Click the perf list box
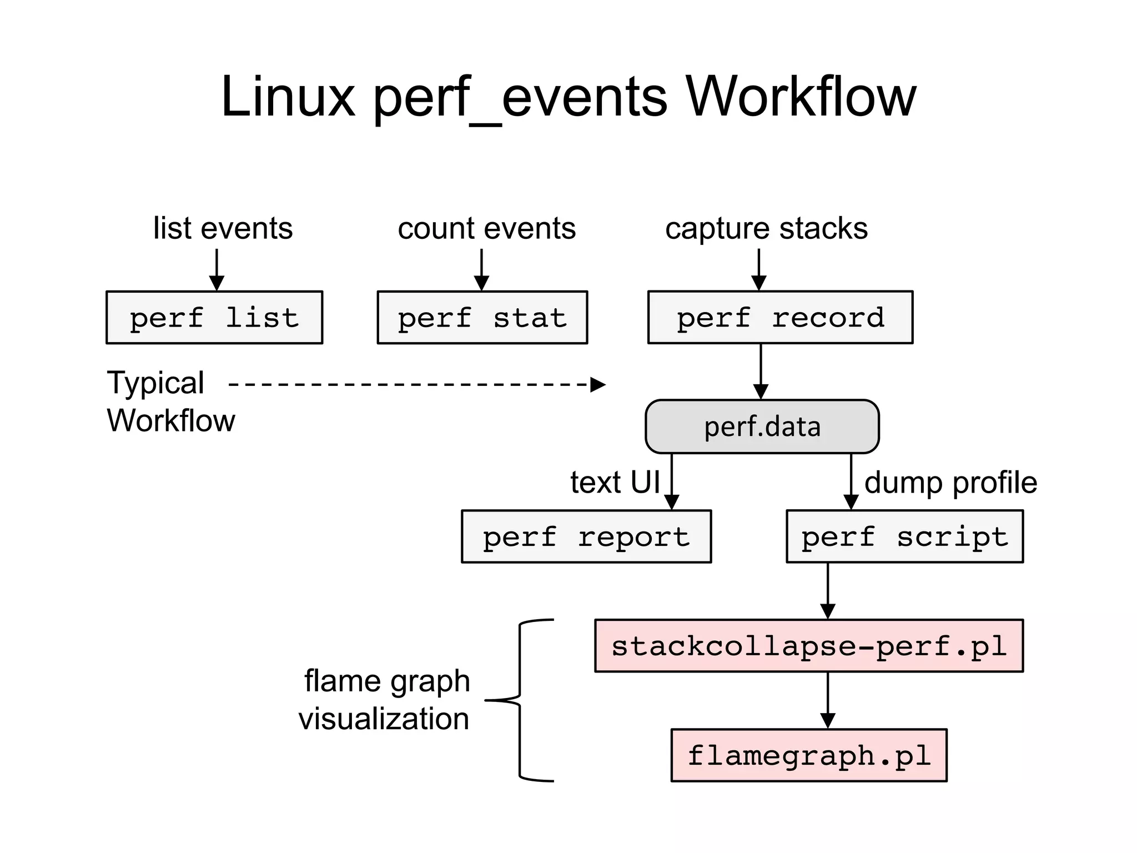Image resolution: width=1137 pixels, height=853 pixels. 214,318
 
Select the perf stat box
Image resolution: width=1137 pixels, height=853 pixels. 482,318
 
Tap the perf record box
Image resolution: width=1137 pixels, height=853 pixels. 780,318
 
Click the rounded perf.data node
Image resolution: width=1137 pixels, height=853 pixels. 762,426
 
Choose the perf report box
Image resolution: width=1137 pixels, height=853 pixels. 586,536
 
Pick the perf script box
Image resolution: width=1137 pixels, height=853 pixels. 904,536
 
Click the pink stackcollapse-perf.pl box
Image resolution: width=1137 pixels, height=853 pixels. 808,646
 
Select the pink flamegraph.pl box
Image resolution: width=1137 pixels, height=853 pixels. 808,755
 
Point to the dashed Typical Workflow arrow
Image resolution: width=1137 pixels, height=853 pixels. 416,384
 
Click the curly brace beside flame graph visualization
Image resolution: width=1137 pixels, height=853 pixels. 520,700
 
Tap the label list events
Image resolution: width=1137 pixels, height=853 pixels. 223,228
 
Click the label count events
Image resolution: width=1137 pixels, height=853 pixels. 486,228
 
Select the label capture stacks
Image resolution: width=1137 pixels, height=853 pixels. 766,228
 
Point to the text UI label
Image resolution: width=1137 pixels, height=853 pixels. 615,482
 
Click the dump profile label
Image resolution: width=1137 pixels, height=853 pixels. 950,482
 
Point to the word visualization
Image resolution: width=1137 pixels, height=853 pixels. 384,719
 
